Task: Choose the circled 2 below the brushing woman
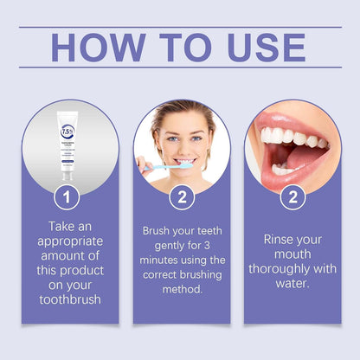point(181,196)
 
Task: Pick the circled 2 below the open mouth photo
point(292,196)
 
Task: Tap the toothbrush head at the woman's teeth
point(184,164)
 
